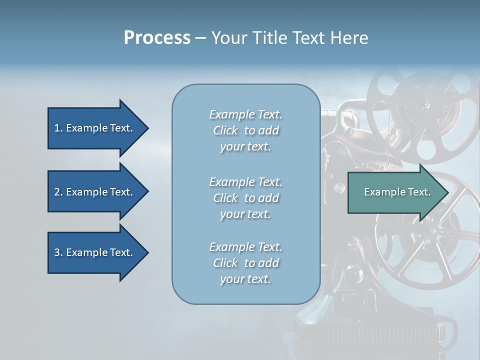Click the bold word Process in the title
click(157, 38)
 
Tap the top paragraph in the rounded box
click(245, 130)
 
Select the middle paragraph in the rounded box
click(245, 198)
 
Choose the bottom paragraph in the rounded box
click(245, 263)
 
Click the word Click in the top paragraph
click(225, 130)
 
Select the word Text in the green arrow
click(419, 192)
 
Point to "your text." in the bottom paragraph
click(245, 279)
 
